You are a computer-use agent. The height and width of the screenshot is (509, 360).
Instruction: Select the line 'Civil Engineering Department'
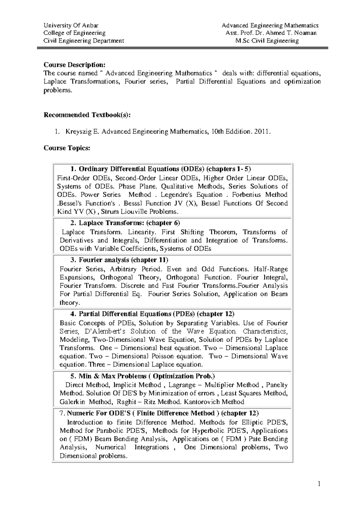[84, 41]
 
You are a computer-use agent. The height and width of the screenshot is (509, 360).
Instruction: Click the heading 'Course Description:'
[74, 65]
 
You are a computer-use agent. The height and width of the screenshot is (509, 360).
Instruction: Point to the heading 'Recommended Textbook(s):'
[87, 115]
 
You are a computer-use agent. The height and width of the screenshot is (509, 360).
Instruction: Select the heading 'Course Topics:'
[67, 148]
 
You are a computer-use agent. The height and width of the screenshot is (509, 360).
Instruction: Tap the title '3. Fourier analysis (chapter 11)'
[119, 260]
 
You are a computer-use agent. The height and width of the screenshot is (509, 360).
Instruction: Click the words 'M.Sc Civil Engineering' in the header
[267, 41]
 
